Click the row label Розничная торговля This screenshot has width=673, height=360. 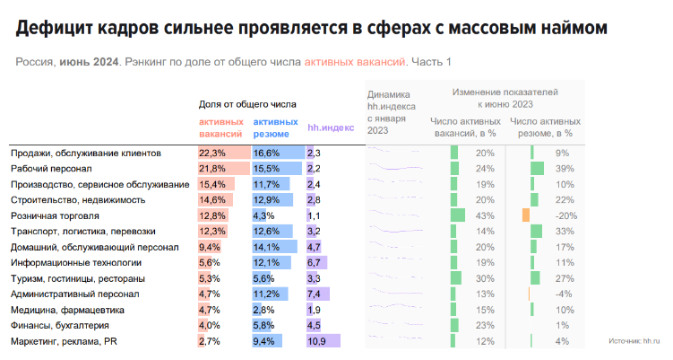point(55,215)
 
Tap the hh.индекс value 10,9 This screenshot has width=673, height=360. point(316,341)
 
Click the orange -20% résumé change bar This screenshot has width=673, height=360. point(526,215)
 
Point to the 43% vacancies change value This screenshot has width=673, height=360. point(485,215)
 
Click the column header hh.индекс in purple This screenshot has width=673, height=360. point(331,127)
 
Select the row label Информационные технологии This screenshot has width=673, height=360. point(75,262)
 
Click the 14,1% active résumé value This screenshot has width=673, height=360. point(267,247)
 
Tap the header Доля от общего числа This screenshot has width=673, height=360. point(246,104)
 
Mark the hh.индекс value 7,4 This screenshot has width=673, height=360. point(315,294)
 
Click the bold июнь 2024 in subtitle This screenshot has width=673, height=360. point(90,62)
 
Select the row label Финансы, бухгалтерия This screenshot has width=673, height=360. point(60,325)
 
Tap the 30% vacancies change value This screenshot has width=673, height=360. point(485,278)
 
